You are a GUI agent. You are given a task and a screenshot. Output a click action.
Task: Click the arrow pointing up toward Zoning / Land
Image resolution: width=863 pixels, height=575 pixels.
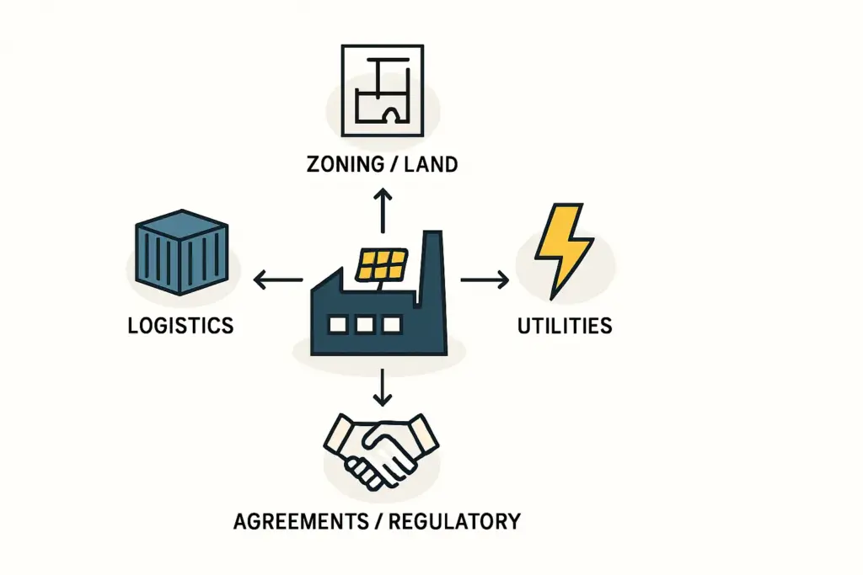pos(383,210)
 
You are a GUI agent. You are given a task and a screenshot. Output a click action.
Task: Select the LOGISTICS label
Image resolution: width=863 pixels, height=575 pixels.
pos(180,325)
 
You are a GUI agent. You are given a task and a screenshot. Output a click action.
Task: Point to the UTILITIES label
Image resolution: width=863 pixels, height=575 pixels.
pos(564,325)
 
